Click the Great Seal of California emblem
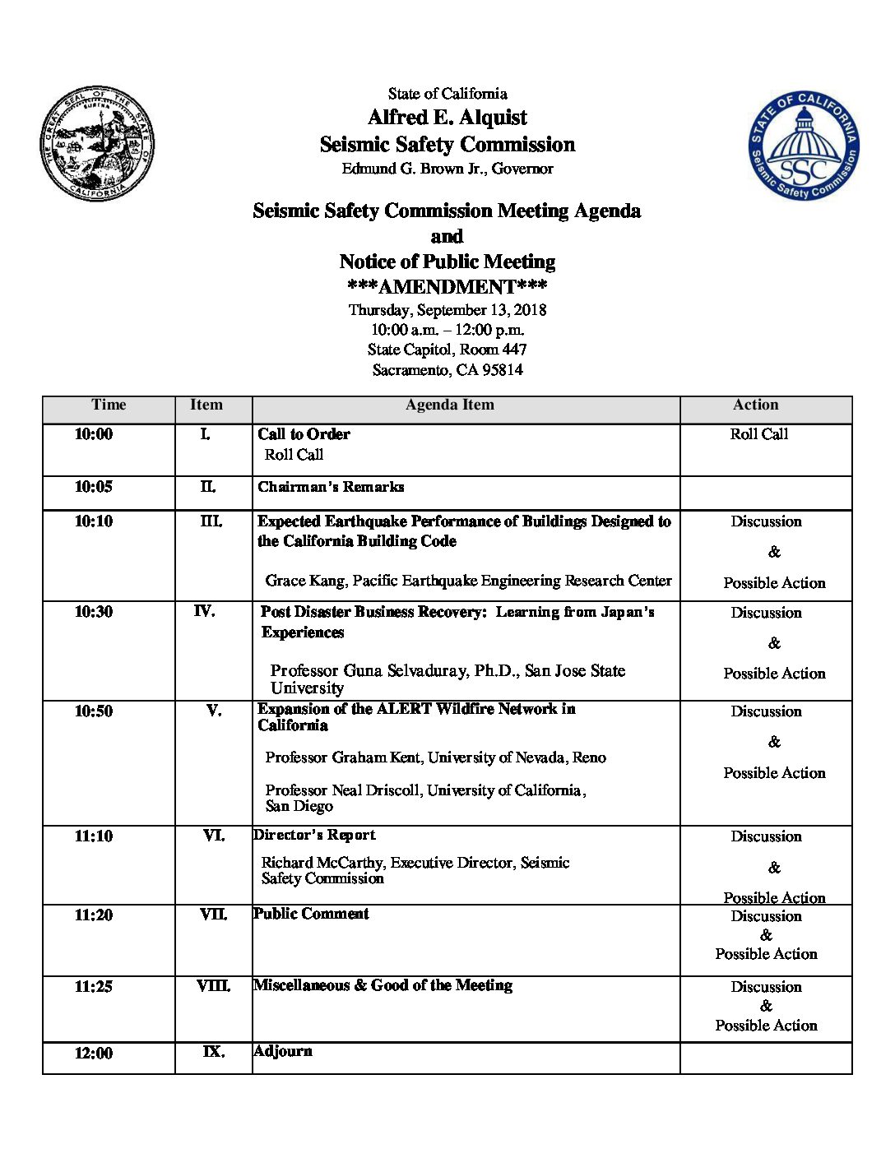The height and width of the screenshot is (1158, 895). [97, 144]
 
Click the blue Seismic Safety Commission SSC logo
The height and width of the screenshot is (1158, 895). [804, 146]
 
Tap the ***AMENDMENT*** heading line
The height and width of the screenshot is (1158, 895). [447, 287]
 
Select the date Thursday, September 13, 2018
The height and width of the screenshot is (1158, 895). [447, 310]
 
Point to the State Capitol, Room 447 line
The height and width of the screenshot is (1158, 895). [447, 350]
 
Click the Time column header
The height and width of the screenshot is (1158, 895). [109, 405]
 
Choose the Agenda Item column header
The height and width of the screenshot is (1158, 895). [449, 405]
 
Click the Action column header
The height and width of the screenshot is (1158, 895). [755, 405]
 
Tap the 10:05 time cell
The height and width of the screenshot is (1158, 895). [93, 487]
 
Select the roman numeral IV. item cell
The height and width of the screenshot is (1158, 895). [204, 611]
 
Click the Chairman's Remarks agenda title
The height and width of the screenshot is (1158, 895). [331, 487]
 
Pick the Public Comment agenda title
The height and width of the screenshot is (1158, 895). [311, 914]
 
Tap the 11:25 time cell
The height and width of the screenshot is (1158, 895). [93, 987]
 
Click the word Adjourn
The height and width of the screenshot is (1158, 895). [283, 1051]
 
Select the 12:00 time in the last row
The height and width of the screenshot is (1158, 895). [93, 1054]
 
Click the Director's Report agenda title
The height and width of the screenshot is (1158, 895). [314, 835]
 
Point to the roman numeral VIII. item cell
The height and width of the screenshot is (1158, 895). [213, 986]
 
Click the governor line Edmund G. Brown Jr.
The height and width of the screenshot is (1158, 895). [447, 169]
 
